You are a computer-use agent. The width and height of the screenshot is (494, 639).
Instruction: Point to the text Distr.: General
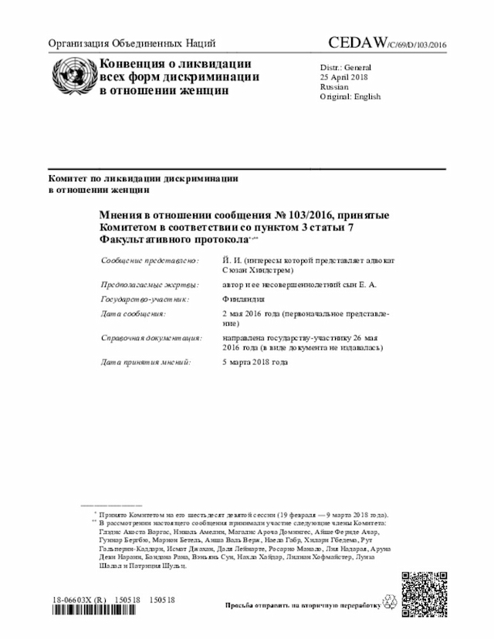pyautogui.click(x=347, y=67)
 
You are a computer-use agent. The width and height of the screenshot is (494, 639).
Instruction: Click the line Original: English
pyautogui.click(x=350, y=97)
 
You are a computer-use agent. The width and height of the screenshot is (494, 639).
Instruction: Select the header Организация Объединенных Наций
pyautogui.click(x=132, y=43)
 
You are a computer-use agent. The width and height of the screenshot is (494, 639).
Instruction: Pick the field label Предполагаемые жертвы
pyautogui.click(x=150, y=285)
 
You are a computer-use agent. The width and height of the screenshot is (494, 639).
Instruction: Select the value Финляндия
pyautogui.click(x=243, y=299)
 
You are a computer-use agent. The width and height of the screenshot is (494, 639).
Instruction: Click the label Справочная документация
pyautogui.click(x=151, y=338)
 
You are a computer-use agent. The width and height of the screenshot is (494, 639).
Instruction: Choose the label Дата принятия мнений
pyautogui.click(x=145, y=361)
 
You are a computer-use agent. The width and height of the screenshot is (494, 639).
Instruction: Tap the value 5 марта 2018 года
pyautogui.click(x=255, y=361)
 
